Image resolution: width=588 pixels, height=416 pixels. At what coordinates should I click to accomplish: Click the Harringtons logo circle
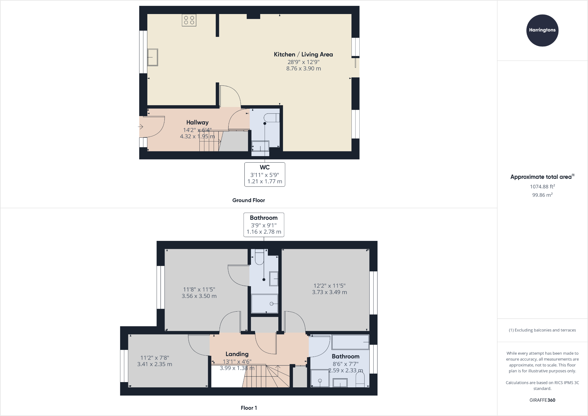pyautogui.click(x=542, y=30)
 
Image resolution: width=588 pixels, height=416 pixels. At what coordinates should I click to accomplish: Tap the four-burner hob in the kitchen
pyautogui.click(x=189, y=20)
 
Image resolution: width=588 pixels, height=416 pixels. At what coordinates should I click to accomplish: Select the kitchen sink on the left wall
pyautogui.click(x=152, y=57)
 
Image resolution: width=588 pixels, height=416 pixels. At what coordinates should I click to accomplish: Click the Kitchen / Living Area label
pyautogui.click(x=303, y=54)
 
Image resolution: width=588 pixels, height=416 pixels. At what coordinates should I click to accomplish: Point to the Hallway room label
pyautogui.click(x=197, y=122)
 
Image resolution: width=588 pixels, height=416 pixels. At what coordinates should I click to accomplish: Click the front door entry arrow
pyautogui.click(x=141, y=127)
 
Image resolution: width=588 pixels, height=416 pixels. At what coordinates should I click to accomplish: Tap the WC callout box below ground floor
pyautogui.click(x=265, y=174)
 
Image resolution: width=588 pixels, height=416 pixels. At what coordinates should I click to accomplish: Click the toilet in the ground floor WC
pyautogui.click(x=272, y=118)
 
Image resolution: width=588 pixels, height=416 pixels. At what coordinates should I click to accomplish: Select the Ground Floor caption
pyautogui.click(x=249, y=200)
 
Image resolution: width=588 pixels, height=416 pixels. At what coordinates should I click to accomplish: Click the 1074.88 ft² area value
pyautogui.click(x=542, y=187)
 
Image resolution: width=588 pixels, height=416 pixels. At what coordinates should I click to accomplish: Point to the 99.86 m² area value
pyautogui.click(x=542, y=195)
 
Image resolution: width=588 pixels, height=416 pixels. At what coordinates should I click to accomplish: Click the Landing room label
pyautogui.click(x=237, y=354)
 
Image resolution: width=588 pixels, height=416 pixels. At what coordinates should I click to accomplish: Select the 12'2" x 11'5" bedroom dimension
pyautogui.click(x=330, y=286)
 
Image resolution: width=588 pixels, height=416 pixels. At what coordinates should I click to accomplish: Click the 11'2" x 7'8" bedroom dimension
pyautogui.click(x=155, y=358)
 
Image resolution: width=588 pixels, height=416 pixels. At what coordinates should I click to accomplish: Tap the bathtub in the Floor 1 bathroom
pyautogui.click(x=350, y=342)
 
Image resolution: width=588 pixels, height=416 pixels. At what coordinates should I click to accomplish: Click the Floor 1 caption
pyautogui.click(x=249, y=408)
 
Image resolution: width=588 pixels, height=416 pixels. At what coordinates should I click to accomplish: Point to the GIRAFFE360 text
pyautogui.click(x=542, y=400)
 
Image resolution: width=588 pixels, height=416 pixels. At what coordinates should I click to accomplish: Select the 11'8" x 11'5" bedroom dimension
pyautogui.click(x=199, y=289)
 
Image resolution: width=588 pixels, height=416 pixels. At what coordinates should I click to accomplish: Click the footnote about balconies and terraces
pyautogui.click(x=542, y=330)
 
